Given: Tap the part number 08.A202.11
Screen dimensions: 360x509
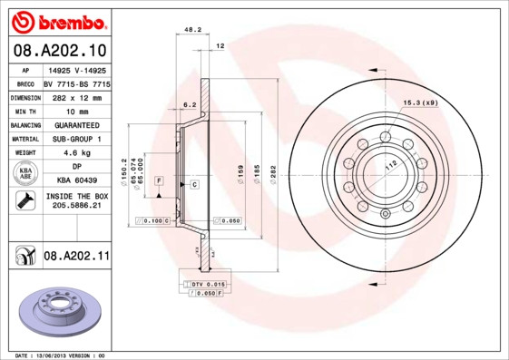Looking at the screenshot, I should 76,257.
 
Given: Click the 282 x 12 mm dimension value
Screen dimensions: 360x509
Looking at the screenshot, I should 76,97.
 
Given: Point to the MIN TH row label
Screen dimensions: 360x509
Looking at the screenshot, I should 24,111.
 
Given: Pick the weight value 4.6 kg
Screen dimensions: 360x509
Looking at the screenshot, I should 76,153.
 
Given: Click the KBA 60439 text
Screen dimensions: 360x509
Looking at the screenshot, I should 76,180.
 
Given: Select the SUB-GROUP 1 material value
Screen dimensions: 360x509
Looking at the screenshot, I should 76,139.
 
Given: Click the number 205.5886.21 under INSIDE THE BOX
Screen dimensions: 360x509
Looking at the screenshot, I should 76,207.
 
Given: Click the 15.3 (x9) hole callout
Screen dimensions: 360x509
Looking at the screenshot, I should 420,102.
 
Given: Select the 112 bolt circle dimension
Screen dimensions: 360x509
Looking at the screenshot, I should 391,166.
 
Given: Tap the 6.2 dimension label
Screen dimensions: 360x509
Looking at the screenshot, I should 190,105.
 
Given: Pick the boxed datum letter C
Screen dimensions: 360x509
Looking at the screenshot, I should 194,184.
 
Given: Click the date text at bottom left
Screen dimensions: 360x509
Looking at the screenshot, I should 61,355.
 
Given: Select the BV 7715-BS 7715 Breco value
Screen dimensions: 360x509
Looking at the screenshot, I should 76,83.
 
